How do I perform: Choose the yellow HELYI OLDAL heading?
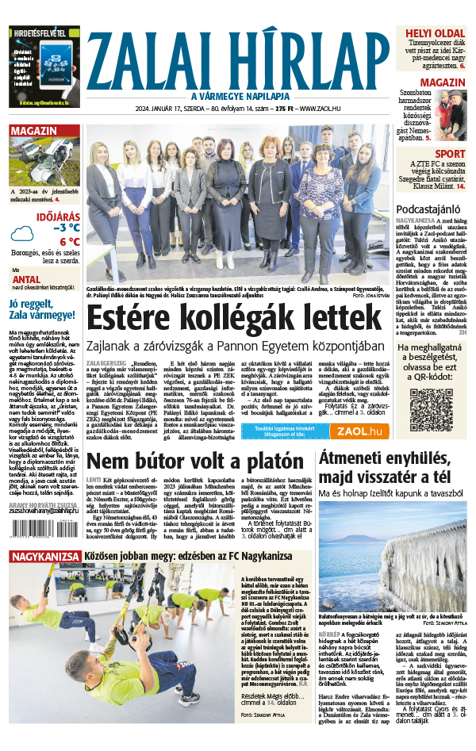435,33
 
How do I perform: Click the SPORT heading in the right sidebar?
450,154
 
